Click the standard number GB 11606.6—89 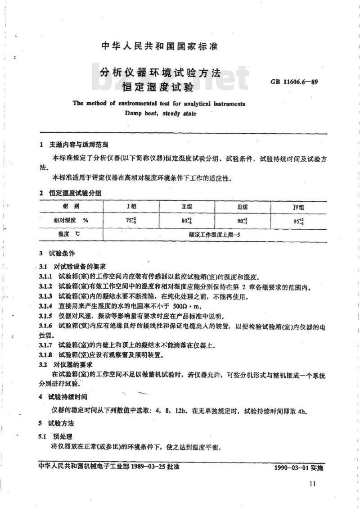coord(294,82)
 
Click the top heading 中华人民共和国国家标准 coord(160,46)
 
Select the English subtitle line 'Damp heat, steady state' coord(160,113)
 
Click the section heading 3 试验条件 coord(57,254)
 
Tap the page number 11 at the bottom coord(313,484)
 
